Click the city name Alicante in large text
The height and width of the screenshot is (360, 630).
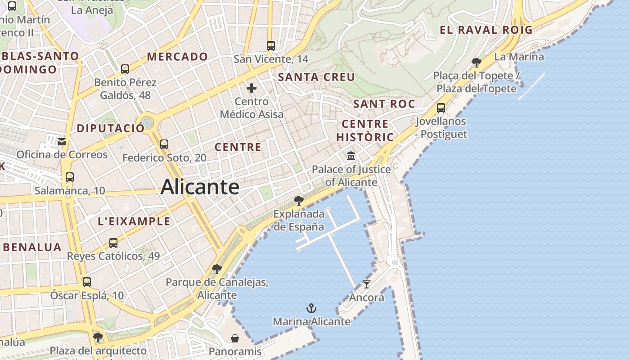(x=200, y=187)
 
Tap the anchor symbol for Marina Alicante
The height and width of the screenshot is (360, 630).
(x=311, y=308)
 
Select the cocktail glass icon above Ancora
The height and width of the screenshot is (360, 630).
(x=367, y=284)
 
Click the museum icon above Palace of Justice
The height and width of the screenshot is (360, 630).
(x=351, y=156)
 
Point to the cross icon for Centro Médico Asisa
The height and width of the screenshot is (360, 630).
(x=252, y=88)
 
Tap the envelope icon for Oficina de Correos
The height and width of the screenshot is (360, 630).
(x=62, y=142)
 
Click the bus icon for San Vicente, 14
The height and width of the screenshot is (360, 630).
(x=270, y=46)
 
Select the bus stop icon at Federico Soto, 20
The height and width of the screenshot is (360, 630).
(x=164, y=144)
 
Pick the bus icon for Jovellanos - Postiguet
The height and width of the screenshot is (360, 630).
(x=441, y=108)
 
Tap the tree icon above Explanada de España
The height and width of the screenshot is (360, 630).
(x=298, y=200)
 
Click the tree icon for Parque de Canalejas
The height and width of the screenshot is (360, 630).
(x=216, y=269)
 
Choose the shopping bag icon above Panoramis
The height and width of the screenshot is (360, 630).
(x=234, y=338)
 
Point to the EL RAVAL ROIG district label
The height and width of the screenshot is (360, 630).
(x=486, y=30)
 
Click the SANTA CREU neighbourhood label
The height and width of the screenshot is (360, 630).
(x=316, y=77)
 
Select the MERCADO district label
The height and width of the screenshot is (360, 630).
(x=177, y=57)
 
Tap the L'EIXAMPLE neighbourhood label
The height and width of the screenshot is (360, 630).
(x=134, y=221)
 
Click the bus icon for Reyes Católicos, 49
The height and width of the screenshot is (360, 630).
(x=113, y=243)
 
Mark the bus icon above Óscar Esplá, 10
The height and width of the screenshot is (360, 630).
(x=87, y=282)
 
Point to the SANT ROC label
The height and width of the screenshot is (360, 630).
(x=384, y=104)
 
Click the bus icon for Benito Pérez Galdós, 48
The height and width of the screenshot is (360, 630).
(x=125, y=69)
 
